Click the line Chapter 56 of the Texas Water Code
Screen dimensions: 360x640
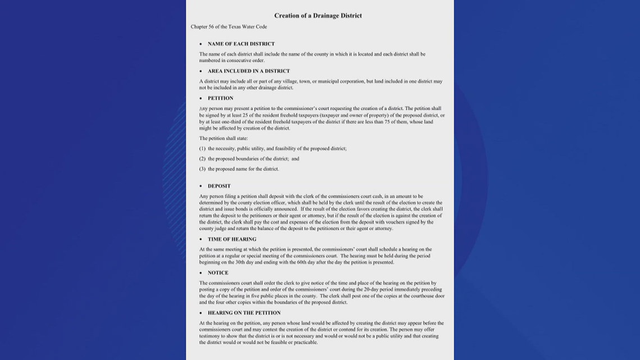click(228, 27)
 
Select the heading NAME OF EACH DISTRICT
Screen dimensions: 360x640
click(241, 44)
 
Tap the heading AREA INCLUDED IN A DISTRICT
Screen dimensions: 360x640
click(249, 71)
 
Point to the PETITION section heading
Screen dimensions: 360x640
click(220, 98)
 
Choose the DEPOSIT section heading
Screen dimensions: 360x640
click(219, 186)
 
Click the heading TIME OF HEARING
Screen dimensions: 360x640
click(232, 239)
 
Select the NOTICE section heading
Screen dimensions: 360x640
click(218, 273)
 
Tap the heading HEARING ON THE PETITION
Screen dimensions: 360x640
click(244, 313)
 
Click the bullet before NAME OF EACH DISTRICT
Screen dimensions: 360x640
click(200, 44)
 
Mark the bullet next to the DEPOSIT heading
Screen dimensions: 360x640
click(200, 186)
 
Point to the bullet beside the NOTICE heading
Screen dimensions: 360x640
click(200, 273)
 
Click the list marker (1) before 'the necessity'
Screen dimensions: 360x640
click(203, 148)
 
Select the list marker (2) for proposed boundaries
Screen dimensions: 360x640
click(203, 158)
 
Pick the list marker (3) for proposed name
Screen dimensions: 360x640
click(203, 168)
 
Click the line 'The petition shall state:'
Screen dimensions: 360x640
click(223, 138)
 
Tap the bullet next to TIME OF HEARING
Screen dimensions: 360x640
click(200, 239)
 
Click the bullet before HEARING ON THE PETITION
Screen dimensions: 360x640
click(200, 313)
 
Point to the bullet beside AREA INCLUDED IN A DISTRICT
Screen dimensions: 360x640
click(200, 71)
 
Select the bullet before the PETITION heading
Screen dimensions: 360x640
click(200, 98)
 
